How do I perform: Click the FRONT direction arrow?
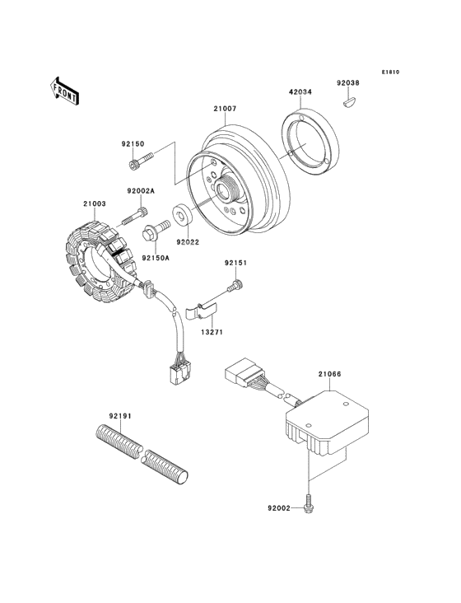(64, 91)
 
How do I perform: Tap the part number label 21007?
(225, 109)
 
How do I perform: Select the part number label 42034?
(300, 92)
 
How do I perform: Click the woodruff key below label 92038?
(350, 103)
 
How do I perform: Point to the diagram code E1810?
(391, 72)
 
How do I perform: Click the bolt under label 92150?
(141, 161)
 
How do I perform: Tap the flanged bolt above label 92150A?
(156, 231)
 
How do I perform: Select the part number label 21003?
(94, 203)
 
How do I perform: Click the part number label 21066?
(329, 374)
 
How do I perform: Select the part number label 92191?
(120, 416)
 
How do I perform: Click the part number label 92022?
(188, 242)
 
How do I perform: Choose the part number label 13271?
(212, 332)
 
